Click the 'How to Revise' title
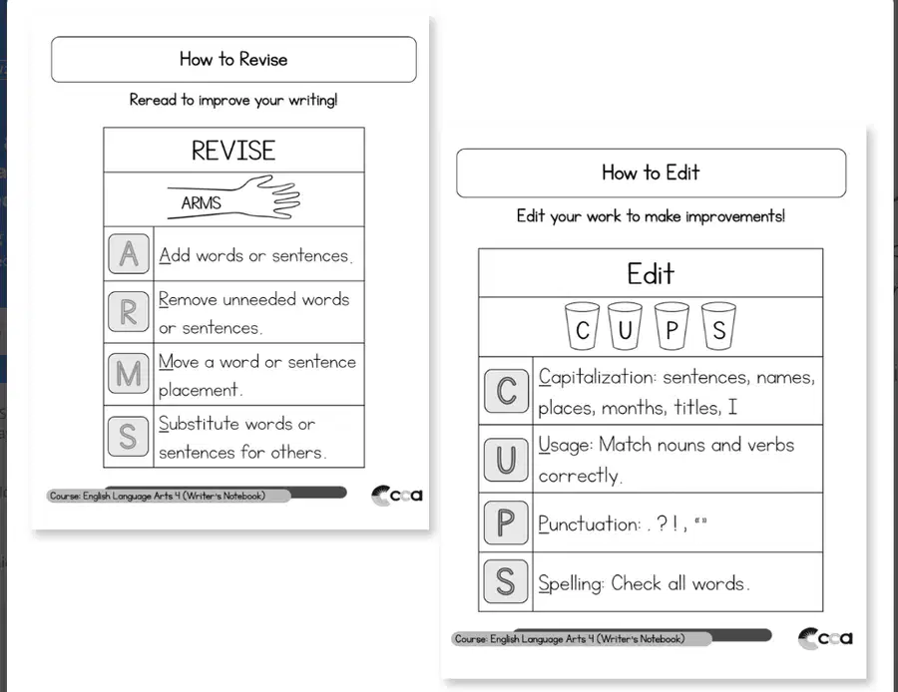(x=233, y=59)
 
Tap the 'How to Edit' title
(x=651, y=173)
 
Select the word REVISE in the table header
(x=233, y=151)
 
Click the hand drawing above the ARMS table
(x=233, y=196)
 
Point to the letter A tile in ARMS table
(x=129, y=253)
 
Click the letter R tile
(x=129, y=312)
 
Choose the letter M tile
(x=129, y=373)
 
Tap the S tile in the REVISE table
(x=129, y=436)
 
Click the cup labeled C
(x=582, y=326)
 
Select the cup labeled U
(x=625, y=326)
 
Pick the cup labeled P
(x=672, y=326)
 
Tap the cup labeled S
(x=718, y=326)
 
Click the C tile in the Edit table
(x=506, y=391)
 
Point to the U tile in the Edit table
(x=506, y=460)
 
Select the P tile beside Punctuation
(x=506, y=522)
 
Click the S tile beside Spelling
(x=506, y=581)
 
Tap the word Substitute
(x=199, y=424)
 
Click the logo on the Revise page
(x=397, y=496)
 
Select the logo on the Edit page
(x=825, y=638)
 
